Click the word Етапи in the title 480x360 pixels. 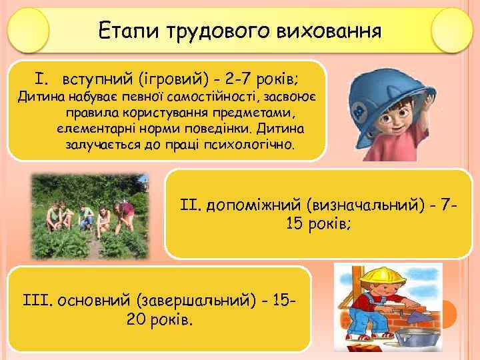click(x=121, y=31)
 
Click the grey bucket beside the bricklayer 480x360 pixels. click(x=421, y=333)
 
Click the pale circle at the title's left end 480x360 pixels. click(x=29, y=31)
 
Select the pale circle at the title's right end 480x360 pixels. click(x=452, y=31)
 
